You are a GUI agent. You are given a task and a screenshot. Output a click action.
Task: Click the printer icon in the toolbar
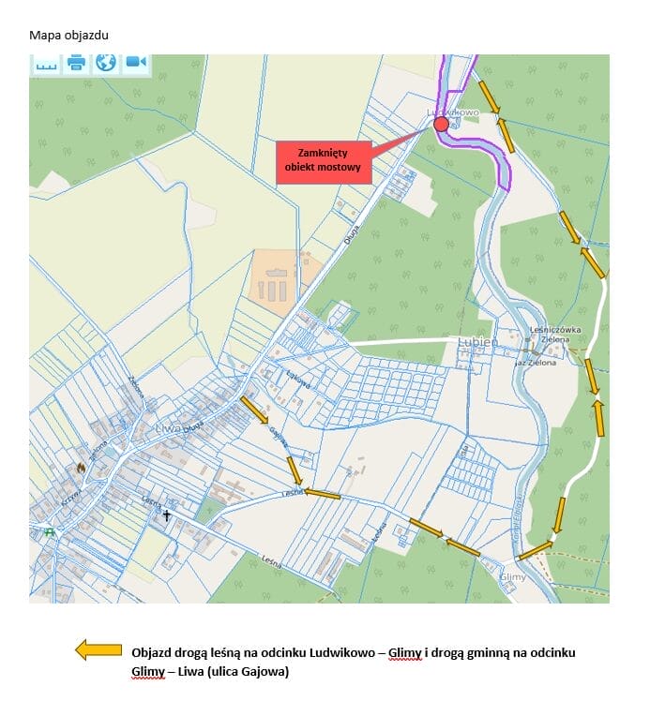(x=76, y=63)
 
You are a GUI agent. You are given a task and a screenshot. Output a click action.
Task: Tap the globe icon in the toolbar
(x=106, y=63)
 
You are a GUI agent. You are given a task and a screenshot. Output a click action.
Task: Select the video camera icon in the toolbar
(x=136, y=63)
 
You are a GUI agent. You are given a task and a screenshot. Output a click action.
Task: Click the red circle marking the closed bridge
(x=441, y=124)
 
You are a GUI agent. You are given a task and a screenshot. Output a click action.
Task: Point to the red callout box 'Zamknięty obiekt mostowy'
(x=324, y=161)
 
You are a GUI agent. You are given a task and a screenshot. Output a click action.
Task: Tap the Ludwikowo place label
(x=454, y=112)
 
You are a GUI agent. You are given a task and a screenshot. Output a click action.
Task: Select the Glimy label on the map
(x=513, y=577)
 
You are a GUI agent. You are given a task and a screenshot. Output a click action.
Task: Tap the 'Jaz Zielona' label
(x=536, y=363)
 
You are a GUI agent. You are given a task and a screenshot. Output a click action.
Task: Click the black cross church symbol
(x=168, y=515)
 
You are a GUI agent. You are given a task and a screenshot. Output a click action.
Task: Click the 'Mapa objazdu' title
(x=69, y=36)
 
